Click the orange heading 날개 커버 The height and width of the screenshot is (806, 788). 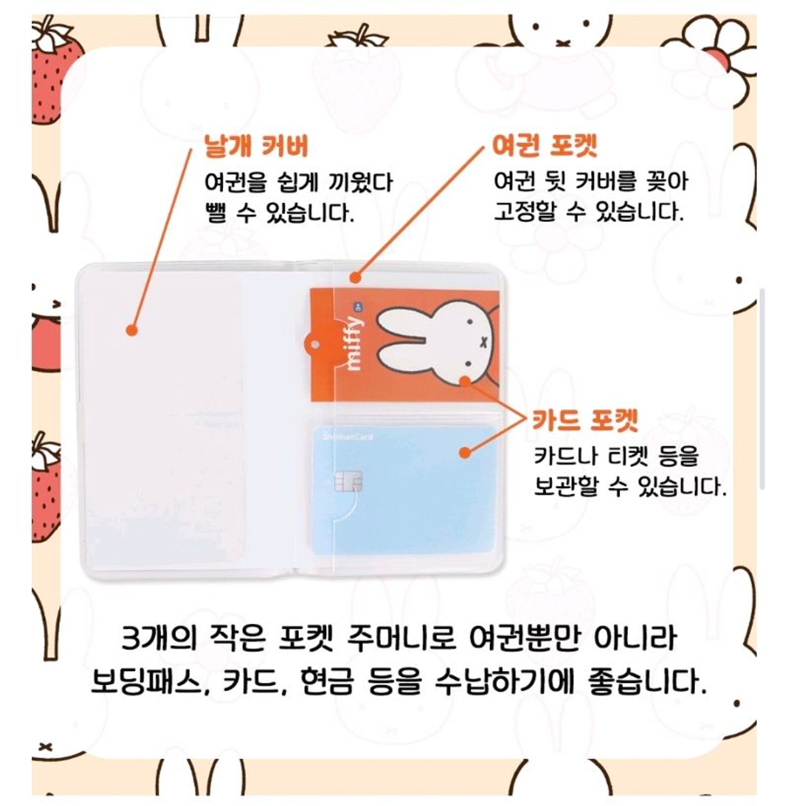[x=256, y=146]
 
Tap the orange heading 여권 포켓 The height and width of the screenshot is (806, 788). [x=545, y=145]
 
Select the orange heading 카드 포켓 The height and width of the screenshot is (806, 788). [x=585, y=420]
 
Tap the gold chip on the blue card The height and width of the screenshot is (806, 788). [x=348, y=481]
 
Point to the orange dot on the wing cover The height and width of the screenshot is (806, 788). [x=132, y=330]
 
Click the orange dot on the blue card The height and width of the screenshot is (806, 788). [x=464, y=452]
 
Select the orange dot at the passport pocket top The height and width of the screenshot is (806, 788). [x=356, y=277]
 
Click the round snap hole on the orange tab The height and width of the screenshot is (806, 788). [x=315, y=345]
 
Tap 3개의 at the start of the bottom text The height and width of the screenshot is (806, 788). [x=157, y=638]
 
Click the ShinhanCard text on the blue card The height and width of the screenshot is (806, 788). [x=348, y=437]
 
